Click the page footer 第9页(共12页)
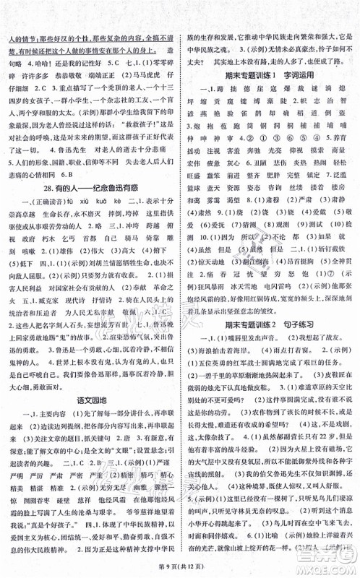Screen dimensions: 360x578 point(180,569)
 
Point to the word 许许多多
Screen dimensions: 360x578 point(31,74)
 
